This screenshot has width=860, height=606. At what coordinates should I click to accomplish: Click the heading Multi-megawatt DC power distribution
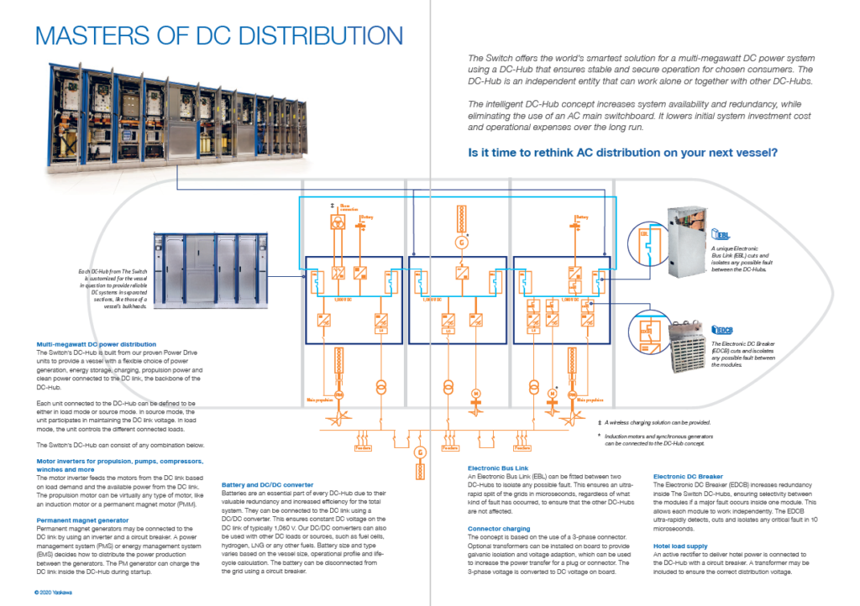coord(97,344)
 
